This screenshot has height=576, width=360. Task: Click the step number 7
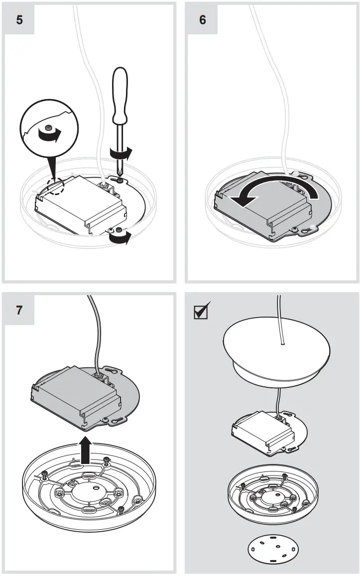(x=19, y=310)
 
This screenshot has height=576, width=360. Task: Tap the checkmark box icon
(x=202, y=311)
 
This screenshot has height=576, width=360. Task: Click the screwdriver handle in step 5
(x=121, y=95)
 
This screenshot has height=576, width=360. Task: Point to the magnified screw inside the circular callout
(x=48, y=128)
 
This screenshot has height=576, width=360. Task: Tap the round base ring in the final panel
(x=273, y=498)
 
